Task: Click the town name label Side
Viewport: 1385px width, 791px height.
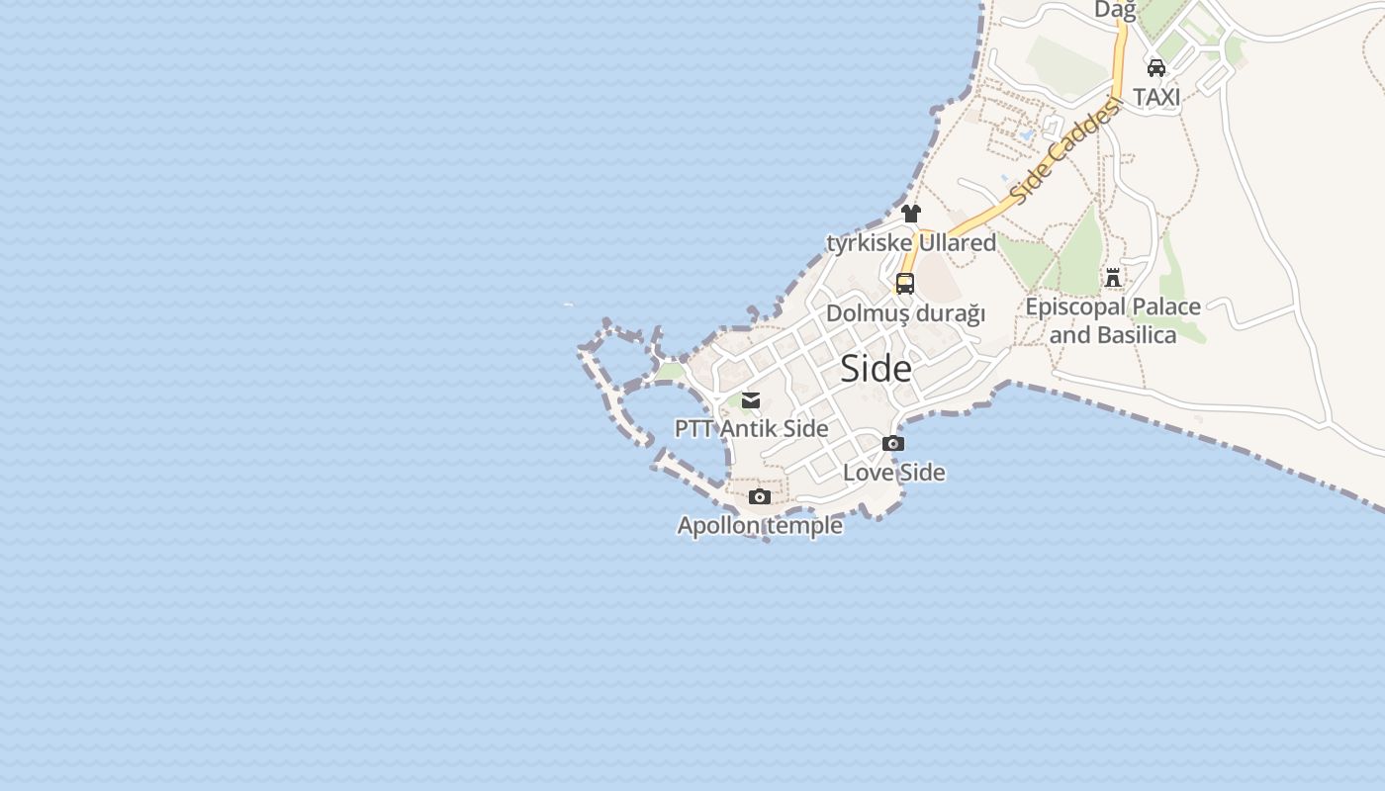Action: (x=876, y=369)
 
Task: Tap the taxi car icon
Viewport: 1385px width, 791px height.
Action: (x=1155, y=68)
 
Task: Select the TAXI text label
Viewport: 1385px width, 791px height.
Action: (x=1156, y=97)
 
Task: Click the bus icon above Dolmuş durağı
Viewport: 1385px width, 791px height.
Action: (x=904, y=284)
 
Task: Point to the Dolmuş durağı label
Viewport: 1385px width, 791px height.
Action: (x=905, y=313)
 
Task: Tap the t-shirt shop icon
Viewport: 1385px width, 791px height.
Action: (x=911, y=214)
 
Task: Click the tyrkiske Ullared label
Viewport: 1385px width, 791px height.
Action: (x=911, y=242)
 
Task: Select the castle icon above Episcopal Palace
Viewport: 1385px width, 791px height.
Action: (x=1113, y=278)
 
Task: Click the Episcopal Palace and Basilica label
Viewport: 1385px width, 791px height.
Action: (x=1113, y=320)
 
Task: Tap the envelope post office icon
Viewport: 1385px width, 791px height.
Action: (x=751, y=400)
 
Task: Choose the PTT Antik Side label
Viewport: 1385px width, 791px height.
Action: (x=751, y=428)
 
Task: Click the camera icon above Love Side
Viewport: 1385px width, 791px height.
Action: (x=892, y=444)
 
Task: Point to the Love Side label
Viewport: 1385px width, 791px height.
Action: (x=893, y=473)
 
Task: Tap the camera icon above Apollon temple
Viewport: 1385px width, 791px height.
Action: (x=759, y=497)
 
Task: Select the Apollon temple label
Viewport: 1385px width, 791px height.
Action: (x=760, y=525)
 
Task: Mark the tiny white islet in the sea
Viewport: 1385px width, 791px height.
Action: (x=568, y=305)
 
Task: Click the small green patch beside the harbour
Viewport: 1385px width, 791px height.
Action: (x=671, y=372)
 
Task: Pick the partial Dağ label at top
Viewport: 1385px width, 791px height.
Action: (x=1115, y=10)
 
